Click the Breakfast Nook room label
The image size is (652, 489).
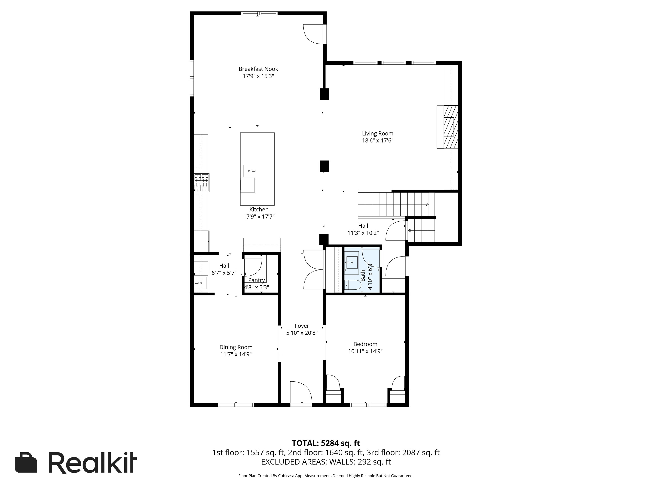click(x=258, y=69)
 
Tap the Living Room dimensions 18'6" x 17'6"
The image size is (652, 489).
click(x=378, y=141)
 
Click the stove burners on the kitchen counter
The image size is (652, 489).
click(x=202, y=183)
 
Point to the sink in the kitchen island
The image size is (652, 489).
click(x=249, y=171)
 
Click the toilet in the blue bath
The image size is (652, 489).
click(x=353, y=285)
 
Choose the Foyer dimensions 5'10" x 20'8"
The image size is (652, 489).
click(x=302, y=333)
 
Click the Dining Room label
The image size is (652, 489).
click(x=236, y=347)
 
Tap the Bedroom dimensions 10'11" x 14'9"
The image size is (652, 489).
click(x=365, y=351)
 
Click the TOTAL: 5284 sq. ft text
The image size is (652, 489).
click(x=326, y=443)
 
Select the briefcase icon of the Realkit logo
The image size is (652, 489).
click(x=26, y=463)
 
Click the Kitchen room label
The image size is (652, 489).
click(x=259, y=209)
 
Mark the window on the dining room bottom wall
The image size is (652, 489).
click(x=236, y=405)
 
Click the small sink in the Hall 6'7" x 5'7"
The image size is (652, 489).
click(x=201, y=283)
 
